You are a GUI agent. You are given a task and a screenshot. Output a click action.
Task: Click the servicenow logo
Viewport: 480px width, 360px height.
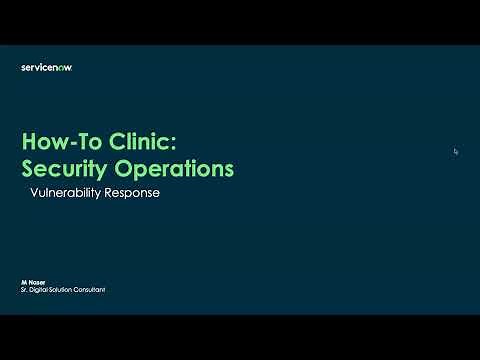47,67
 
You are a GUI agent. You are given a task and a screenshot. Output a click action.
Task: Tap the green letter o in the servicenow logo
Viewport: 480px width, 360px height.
62,67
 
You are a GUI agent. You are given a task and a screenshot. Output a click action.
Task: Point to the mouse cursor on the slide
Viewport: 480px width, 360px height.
456,151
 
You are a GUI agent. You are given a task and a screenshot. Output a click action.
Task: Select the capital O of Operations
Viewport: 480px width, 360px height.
140,168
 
